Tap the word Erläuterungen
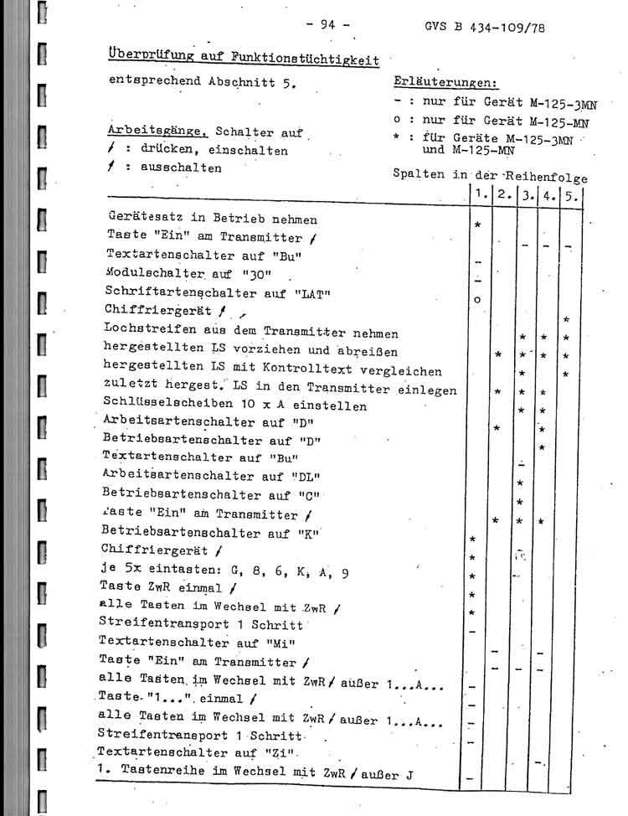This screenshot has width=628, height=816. pos(444,83)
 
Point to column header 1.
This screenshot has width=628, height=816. pos(479,195)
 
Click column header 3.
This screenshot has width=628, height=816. pos(528,197)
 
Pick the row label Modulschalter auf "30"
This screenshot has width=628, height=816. pos(198,272)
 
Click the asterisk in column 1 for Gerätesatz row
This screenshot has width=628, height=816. pos(477,225)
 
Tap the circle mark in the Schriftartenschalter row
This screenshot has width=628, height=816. pos(476,299)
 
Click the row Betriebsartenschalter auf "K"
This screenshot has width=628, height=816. pos(211,532)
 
